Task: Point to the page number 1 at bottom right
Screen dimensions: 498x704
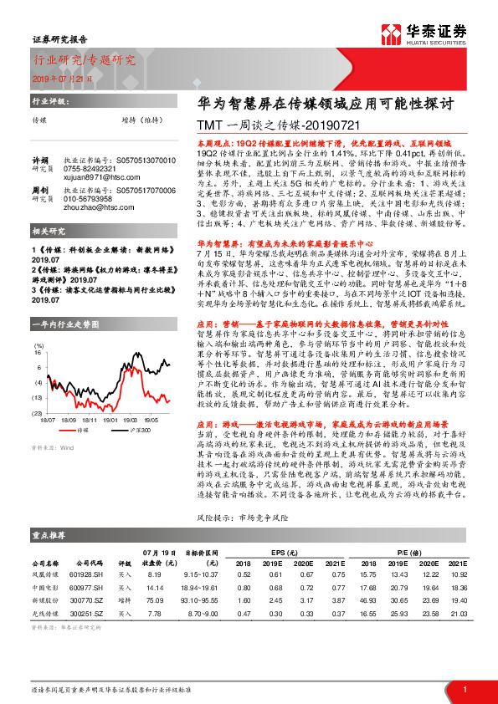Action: click(465, 688)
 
